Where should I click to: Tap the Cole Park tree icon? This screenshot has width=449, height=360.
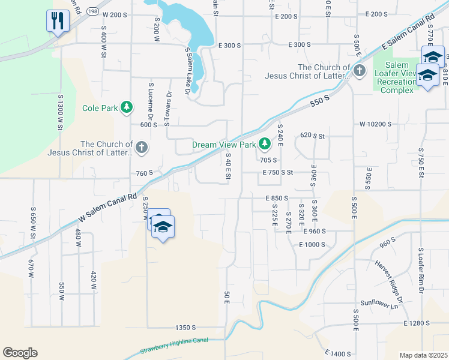(x=126, y=107)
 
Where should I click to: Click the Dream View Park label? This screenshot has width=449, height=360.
(x=224, y=145)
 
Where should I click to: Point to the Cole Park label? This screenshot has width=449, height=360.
(x=100, y=109)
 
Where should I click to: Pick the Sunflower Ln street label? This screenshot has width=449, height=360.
(x=379, y=304)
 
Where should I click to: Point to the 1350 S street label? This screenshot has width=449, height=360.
(x=186, y=328)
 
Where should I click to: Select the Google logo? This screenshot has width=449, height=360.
(x=20, y=353)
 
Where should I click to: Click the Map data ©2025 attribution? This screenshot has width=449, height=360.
(x=423, y=355)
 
